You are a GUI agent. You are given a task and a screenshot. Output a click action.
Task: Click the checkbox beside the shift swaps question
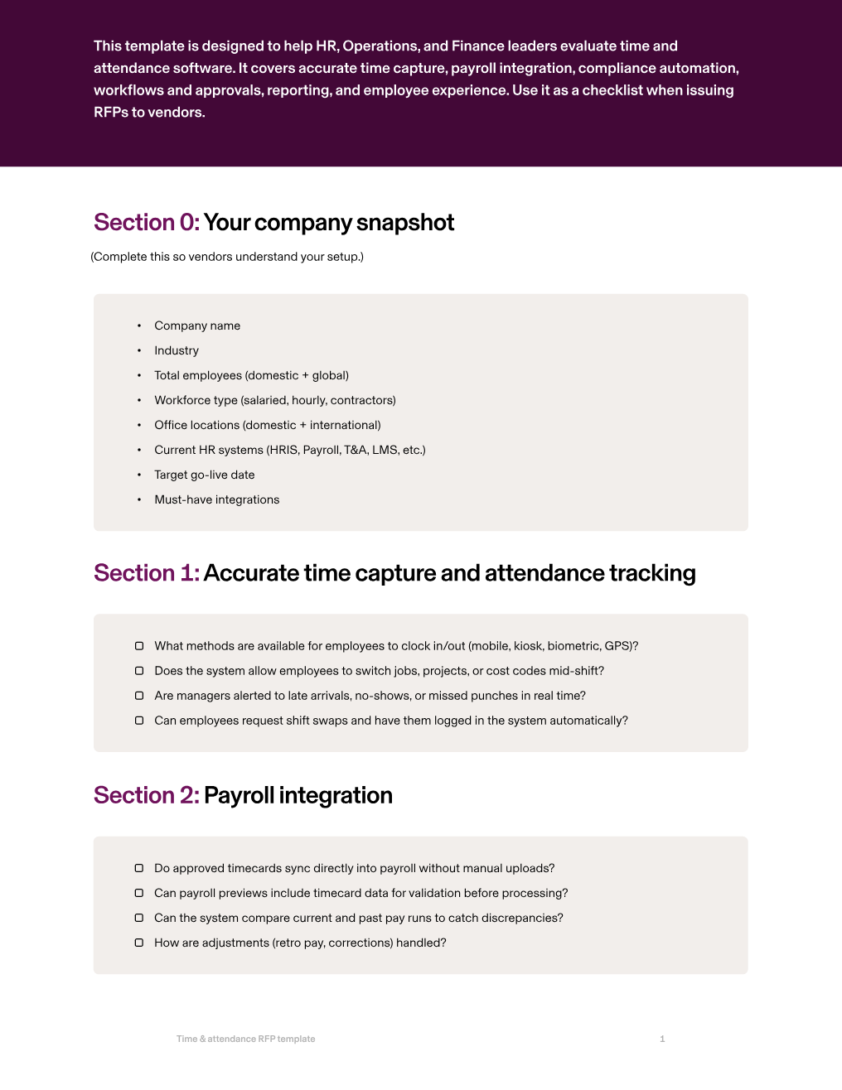pos(139,721)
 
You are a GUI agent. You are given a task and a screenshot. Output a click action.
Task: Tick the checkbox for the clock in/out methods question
pos(139,646)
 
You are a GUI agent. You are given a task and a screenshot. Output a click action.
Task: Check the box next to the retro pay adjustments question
pos(139,943)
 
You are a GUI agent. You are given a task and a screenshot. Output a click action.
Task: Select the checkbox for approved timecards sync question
pos(139,868)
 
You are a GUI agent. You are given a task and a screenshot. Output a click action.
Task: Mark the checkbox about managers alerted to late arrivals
pos(139,696)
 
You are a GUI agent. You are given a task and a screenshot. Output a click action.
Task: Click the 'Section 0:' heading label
pos(146,223)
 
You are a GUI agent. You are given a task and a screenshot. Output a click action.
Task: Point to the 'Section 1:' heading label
pos(146,573)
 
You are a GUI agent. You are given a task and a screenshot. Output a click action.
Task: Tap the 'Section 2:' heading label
pos(146,795)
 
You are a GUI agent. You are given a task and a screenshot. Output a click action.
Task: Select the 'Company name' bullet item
pos(197,326)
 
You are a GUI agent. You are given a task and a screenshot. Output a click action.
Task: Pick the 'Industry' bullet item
pos(177,350)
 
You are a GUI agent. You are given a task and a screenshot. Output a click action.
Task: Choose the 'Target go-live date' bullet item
pos(205,475)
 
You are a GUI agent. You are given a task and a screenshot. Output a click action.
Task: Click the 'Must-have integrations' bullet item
pos(217,499)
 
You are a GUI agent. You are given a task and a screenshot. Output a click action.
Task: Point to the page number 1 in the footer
pos(662,1039)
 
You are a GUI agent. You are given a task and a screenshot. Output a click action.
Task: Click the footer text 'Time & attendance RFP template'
pos(245,1039)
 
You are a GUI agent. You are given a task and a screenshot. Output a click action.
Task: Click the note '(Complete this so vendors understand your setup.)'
pos(227,257)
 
